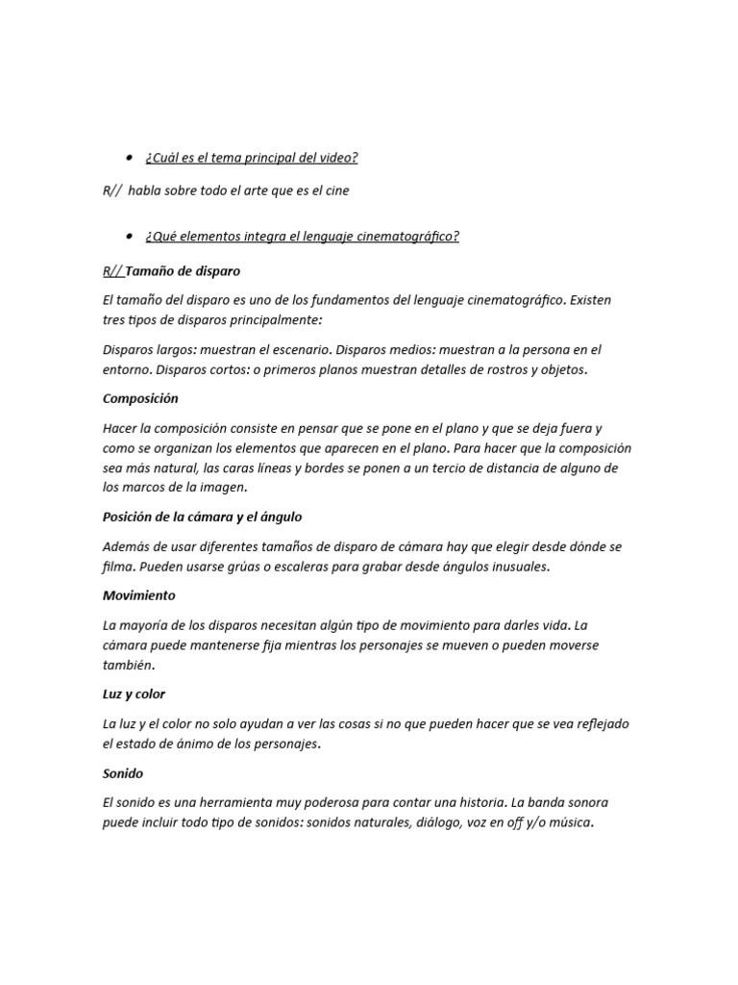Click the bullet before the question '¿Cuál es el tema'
(129, 157)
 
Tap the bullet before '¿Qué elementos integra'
(129, 236)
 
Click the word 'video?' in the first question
(337, 158)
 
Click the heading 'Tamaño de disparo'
(183, 270)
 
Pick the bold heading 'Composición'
(140, 398)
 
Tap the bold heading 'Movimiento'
(138, 595)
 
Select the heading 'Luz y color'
(134, 694)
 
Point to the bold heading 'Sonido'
(123, 772)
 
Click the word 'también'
(128, 665)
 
